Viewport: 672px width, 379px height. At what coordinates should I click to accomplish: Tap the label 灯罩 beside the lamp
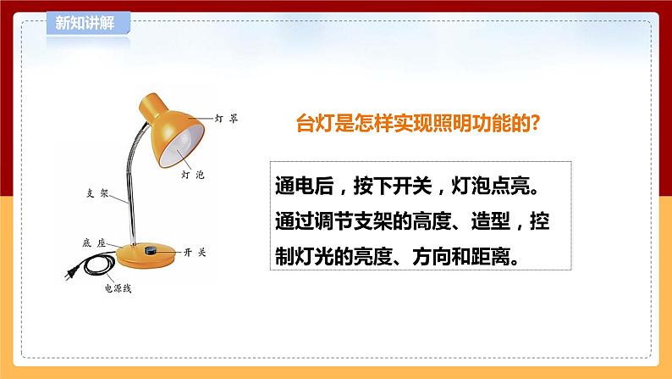coord(226,119)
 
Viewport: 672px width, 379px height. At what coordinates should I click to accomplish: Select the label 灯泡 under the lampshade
coord(193,175)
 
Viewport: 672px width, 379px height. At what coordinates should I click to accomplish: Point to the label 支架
coord(97,193)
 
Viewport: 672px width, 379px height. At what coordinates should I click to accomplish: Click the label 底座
coord(94,243)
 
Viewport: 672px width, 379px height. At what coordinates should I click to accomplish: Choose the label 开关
coord(195,253)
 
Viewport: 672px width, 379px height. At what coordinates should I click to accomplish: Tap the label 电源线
coord(118,288)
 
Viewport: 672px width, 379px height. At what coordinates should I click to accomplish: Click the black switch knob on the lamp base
coord(151,250)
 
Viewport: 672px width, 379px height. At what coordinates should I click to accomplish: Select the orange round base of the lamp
coord(146,255)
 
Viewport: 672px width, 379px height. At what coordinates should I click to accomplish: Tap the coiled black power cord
coord(99,264)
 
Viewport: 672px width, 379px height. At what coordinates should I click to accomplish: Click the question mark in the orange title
coord(534,123)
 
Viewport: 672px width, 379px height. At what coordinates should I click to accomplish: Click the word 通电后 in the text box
coord(305,187)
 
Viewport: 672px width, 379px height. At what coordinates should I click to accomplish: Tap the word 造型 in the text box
coord(491,221)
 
